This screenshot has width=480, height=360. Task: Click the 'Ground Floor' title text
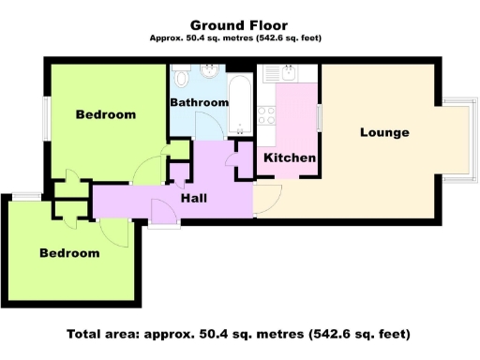pos(239,25)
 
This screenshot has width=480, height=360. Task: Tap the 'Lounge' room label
pos(384,132)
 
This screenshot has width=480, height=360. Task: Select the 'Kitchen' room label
pos(289,157)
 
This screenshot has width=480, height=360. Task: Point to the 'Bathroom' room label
pos(199,102)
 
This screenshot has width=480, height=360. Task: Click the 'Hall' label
pos(194,198)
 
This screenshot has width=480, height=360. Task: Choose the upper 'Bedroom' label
pos(105,114)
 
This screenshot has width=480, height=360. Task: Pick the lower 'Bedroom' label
pos(68,253)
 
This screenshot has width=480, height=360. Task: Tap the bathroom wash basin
pos(212,71)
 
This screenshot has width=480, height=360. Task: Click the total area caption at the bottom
pos(239,334)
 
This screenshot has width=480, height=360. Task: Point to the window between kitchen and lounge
pos(319,119)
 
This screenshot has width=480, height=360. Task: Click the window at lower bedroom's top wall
pos(26,196)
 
